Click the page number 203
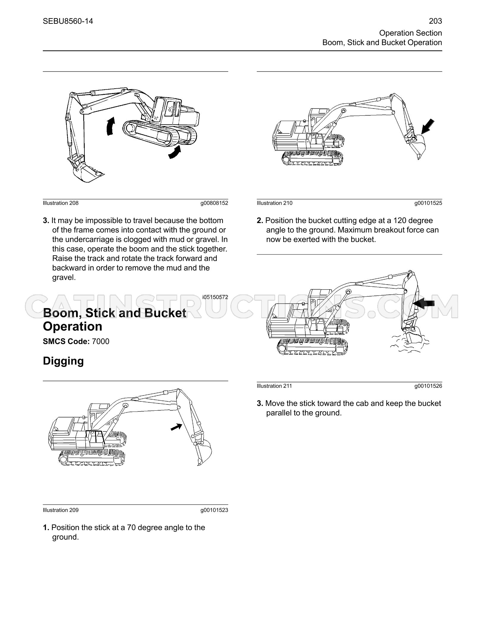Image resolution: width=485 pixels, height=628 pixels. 435,21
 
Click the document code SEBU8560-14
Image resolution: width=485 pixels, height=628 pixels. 68,21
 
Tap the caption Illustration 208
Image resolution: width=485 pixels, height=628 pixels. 61,203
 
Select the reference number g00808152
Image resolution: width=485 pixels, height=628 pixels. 214,203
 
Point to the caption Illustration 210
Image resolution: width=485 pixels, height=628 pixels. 275,203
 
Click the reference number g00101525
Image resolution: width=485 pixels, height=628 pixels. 428,203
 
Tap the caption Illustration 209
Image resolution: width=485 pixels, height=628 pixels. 61,510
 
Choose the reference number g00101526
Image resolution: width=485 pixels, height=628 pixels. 428,386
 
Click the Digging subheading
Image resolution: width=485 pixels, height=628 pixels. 63,361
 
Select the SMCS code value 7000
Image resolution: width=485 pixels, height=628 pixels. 100,341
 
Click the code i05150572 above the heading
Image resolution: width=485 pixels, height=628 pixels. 215,297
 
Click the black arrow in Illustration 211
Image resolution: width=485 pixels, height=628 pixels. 424,303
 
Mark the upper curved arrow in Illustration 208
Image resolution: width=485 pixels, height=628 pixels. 110,126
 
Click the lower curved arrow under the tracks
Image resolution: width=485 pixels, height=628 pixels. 175,152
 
